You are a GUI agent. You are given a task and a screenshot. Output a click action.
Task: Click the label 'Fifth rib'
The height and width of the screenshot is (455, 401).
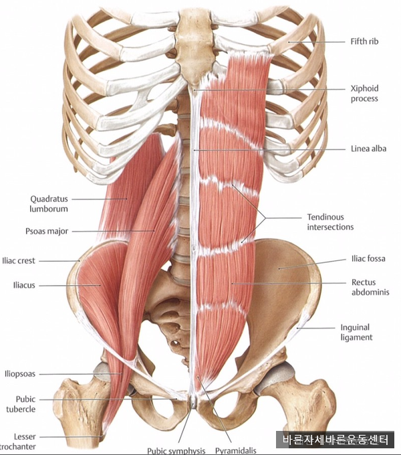click(364, 41)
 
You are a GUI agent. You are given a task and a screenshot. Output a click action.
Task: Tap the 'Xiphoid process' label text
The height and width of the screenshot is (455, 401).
click(364, 94)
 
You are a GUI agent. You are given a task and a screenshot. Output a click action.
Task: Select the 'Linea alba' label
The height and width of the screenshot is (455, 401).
click(368, 149)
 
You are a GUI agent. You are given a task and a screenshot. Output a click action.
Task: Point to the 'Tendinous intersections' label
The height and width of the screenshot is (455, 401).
click(330, 222)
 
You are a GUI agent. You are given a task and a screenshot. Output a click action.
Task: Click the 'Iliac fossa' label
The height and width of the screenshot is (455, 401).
click(368, 258)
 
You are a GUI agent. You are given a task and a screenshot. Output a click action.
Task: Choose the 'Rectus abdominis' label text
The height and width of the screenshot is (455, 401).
click(370, 287)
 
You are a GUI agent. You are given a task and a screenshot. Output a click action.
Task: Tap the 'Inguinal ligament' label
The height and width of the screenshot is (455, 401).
click(356, 333)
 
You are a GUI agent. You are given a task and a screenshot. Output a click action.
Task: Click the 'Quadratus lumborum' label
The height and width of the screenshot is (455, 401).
click(49, 203)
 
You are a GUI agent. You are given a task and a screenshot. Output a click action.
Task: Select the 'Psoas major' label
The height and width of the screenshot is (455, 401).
click(47, 232)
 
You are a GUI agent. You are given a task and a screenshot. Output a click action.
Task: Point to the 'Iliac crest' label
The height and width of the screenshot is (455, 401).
click(18, 260)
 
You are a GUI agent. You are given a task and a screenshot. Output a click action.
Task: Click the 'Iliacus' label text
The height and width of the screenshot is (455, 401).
click(24, 285)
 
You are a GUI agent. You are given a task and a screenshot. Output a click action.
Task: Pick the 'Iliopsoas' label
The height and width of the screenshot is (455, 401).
click(19, 374)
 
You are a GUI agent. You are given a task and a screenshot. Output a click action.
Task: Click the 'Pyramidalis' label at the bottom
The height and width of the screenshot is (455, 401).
click(235, 450)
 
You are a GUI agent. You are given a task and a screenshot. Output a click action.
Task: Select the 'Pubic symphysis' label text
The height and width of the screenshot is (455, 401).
click(176, 450)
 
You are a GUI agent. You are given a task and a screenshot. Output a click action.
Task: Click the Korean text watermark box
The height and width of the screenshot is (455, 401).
click(335, 440)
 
